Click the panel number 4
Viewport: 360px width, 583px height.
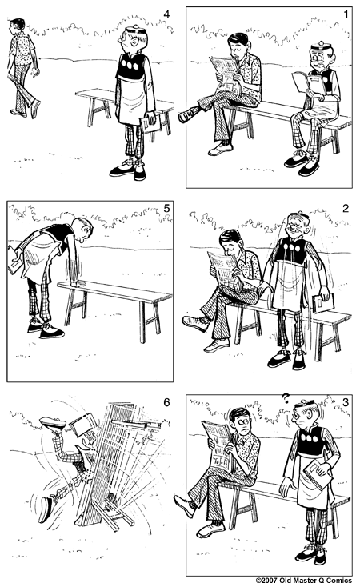click(166, 14)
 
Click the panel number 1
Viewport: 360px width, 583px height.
click(346, 14)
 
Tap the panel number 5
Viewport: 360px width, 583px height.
click(166, 208)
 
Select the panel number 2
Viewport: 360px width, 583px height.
click(346, 208)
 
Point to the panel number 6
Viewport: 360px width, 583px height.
click(166, 402)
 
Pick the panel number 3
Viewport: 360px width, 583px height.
click(346, 402)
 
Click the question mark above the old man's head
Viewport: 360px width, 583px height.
click(285, 399)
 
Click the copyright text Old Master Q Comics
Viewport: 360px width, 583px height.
click(303, 580)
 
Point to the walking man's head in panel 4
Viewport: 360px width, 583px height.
click(17, 26)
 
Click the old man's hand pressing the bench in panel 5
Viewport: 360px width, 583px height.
click(78, 284)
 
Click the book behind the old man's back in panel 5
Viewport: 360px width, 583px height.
click(15, 259)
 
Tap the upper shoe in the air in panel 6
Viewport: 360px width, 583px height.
click(53, 422)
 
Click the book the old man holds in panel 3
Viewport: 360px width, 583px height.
click(318, 474)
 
